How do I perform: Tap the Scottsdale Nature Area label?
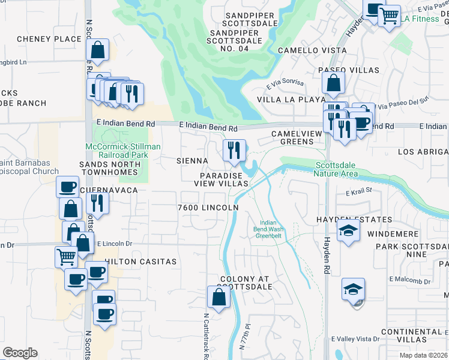click(x=336, y=170)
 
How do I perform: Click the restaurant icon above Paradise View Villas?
click(x=234, y=150)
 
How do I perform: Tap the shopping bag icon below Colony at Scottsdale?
click(x=218, y=296)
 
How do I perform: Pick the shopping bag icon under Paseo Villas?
click(x=333, y=83)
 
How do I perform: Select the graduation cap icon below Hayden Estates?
click(x=348, y=231)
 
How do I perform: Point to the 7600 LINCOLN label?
click(x=208, y=208)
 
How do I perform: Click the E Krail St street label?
click(x=359, y=192)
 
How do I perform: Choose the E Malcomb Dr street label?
click(x=410, y=280)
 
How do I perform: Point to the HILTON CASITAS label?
click(x=140, y=262)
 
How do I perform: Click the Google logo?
click(x=20, y=353)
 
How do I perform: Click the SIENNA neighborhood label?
click(x=192, y=161)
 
